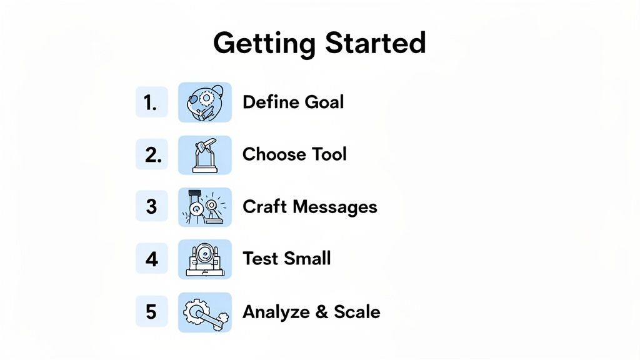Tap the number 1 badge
coord(151,102)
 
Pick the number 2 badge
coord(151,155)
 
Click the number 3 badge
coord(151,207)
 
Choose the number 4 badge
coord(151,259)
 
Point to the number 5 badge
coord(151,311)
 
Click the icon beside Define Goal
coord(205,102)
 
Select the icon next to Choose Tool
coord(205,155)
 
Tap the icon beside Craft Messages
coord(205,207)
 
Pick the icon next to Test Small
coord(205,259)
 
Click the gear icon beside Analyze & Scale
coord(205,311)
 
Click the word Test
coord(257,258)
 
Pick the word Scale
coord(357,311)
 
